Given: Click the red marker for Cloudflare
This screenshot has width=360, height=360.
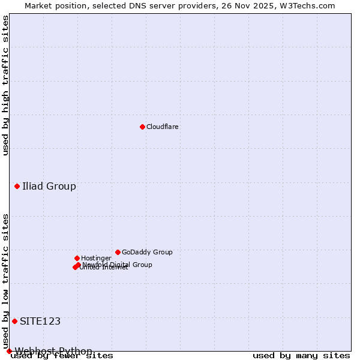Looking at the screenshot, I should (x=142, y=127).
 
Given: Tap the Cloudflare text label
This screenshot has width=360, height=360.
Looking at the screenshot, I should (x=162, y=127).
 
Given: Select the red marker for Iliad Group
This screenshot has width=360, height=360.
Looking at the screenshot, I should (x=17, y=186).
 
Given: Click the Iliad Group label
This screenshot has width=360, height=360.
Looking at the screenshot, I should (x=49, y=186).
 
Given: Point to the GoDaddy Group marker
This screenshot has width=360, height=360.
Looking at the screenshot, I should (x=118, y=252).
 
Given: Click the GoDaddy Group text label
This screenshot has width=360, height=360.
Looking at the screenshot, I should (x=147, y=252).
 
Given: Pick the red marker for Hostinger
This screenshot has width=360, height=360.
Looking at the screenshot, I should (x=77, y=258).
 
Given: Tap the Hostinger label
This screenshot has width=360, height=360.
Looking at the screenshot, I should (x=96, y=258).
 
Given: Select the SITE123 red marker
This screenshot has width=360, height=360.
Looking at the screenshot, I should (x=14, y=321).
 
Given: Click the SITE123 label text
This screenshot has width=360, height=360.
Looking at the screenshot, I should (x=40, y=321).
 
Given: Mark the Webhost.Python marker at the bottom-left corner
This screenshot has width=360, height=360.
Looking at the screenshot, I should (x=9, y=351).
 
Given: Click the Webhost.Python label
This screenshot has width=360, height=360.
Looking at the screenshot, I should (x=53, y=351).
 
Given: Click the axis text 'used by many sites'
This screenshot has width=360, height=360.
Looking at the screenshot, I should (x=301, y=356).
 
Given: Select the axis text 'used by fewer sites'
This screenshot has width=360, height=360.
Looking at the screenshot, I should (x=62, y=356).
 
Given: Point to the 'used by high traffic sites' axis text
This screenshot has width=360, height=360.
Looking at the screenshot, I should (x=5, y=85).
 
